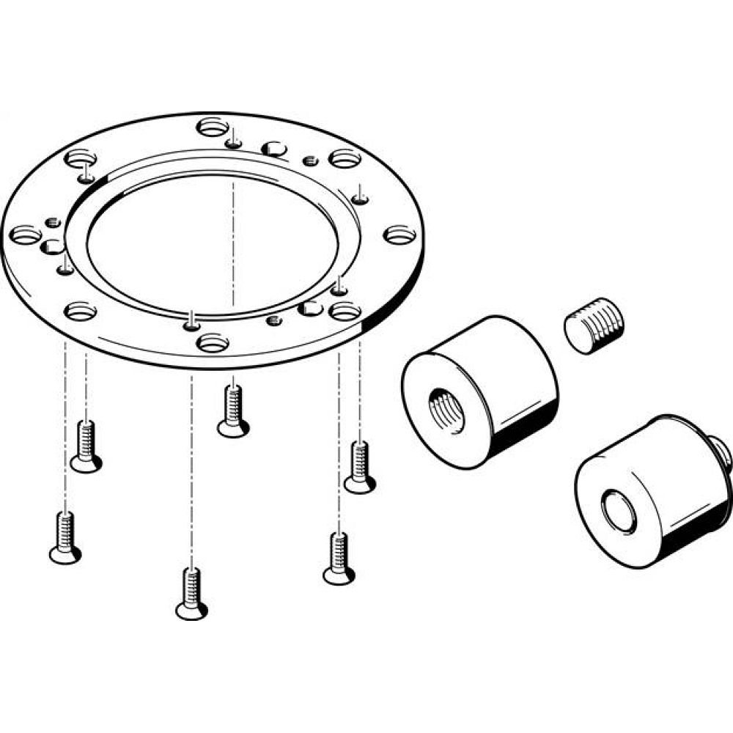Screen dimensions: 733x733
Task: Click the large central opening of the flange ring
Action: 213,242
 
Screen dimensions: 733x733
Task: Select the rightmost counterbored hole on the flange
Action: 399,235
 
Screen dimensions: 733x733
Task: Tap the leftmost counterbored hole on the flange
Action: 27,235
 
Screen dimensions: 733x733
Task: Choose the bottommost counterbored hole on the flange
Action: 213,342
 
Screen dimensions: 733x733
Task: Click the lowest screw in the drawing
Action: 191,594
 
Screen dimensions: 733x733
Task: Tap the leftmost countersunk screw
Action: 65,538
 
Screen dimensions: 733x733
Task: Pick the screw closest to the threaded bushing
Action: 359,467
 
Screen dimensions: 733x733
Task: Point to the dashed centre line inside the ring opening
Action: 233,242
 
